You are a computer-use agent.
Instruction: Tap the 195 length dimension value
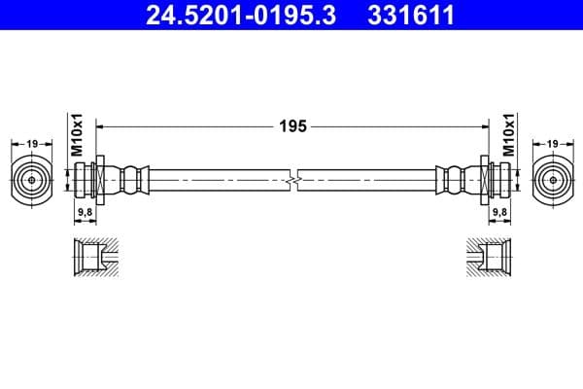click(x=292, y=125)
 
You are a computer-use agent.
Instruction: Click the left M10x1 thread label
click(x=80, y=135)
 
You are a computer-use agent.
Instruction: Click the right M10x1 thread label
click(x=505, y=135)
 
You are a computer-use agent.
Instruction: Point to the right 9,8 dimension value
click(x=499, y=210)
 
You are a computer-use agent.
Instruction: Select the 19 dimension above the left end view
click(x=32, y=144)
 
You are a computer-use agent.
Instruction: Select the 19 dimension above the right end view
click(x=552, y=144)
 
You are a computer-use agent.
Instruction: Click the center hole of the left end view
click(x=32, y=180)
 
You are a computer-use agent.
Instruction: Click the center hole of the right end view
click(x=552, y=180)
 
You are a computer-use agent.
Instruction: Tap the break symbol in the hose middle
click(x=292, y=181)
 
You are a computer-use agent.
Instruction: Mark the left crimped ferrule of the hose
click(x=132, y=180)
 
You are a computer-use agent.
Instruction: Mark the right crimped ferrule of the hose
click(x=452, y=180)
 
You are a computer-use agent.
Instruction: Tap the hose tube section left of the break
click(x=219, y=181)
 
